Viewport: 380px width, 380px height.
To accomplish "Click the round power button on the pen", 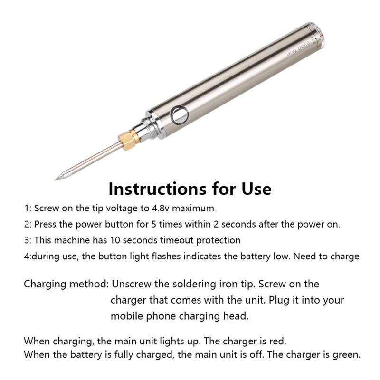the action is pyautogui.click(x=180, y=114).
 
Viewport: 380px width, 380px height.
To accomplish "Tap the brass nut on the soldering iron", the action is pyautogui.click(x=128, y=140).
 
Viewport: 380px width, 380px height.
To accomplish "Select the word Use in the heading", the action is pyautogui.click(x=256, y=189).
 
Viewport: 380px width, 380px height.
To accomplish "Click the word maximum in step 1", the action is pyautogui.click(x=193, y=208).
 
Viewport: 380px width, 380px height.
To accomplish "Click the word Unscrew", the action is pyautogui.click(x=132, y=284).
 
